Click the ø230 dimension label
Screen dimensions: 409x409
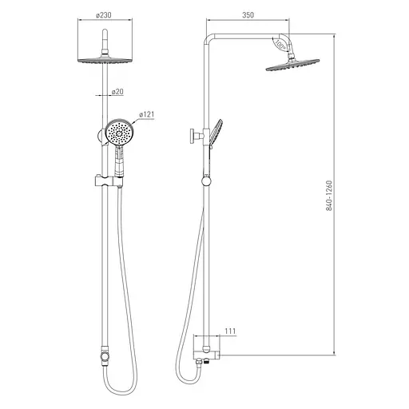(104, 15)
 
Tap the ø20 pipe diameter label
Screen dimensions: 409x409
(117, 92)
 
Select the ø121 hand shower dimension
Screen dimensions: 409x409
(146, 114)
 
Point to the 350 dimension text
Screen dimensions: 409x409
(248, 15)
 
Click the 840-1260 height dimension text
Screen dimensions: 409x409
(329, 196)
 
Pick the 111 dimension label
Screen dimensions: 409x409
(230, 331)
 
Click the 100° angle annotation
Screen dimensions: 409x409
(280, 44)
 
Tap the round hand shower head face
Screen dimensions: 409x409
(120, 132)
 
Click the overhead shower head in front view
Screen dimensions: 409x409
(105, 60)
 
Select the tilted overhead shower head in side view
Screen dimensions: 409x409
(292, 65)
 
